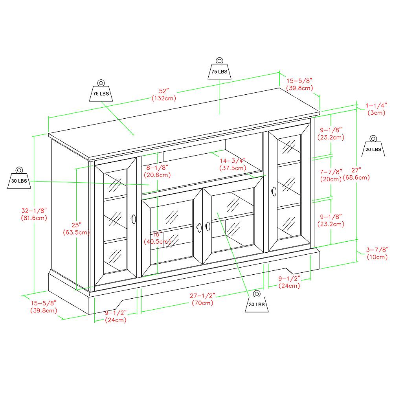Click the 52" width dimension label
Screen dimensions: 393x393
[163, 90]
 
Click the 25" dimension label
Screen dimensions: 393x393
[77, 225]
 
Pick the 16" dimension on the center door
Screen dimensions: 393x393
[157, 233]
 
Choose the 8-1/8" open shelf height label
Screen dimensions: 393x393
[156, 167]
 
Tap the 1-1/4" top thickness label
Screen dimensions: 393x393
[376, 105]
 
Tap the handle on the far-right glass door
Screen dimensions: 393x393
[274, 191]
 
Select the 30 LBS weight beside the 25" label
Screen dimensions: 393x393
[19, 179]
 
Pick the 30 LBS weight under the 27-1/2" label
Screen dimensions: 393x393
[256, 302]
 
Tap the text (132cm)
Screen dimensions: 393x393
[163, 98]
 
